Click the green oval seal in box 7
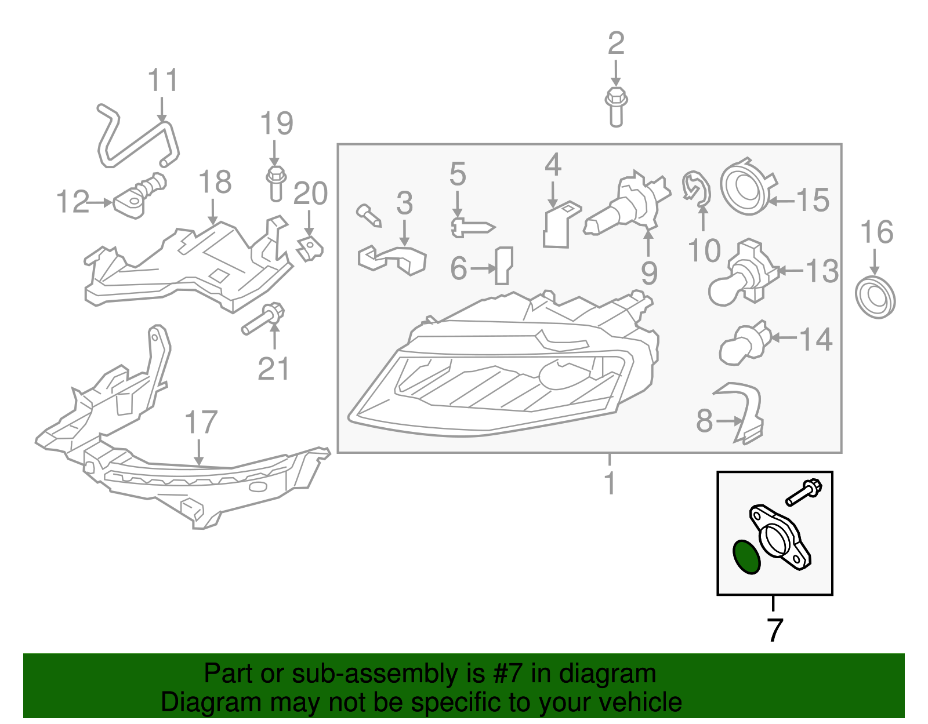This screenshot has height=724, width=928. [746, 557]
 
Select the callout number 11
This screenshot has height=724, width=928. [162, 81]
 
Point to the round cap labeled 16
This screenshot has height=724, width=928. [875, 297]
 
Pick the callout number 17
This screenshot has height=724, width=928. [201, 423]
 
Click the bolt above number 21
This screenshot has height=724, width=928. [263, 319]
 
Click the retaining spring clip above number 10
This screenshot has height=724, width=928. [697, 188]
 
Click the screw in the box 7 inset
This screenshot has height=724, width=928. [803, 492]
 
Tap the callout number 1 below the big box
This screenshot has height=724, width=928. [610, 483]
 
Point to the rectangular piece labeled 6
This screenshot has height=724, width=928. [503, 265]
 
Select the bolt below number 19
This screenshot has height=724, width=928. [276, 183]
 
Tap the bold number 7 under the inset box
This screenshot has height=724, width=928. [775, 630]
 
